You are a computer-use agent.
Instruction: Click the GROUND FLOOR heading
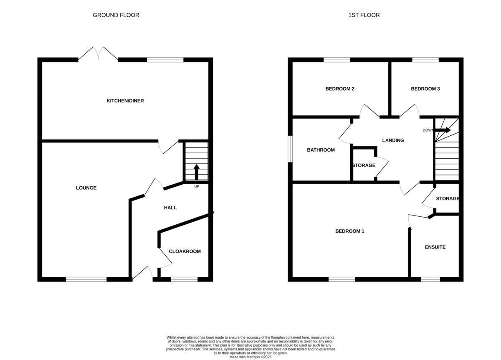(x=116, y=15)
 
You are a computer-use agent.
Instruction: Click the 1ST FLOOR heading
(x=364, y=15)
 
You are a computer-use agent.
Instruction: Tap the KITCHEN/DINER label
(x=125, y=101)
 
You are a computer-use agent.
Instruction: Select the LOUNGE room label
(x=86, y=188)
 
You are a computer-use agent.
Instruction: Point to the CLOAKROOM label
(x=185, y=251)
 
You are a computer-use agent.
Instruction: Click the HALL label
(x=170, y=208)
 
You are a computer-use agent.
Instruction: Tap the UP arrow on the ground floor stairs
(x=197, y=172)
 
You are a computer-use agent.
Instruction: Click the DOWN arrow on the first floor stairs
(x=443, y=130)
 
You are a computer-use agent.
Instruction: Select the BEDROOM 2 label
(x=340, y=89)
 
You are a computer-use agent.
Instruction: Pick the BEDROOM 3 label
(x=425, y=89)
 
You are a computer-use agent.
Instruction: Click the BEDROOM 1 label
(x=350, y=231)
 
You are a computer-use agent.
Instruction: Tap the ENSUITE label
(x=435, y=247)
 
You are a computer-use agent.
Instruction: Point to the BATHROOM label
(x=321, y=150)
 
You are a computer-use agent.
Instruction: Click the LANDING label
(x=393, y=140)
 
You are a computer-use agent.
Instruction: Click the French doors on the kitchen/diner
(x=99, y=54)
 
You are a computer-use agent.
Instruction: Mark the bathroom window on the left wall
(x=290, y=149)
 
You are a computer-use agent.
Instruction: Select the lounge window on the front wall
(x=86, y=279)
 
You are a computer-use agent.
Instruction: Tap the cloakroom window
(x=184, y=279)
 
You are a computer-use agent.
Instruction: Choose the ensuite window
(x=430, y=279)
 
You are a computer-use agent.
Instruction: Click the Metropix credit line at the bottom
(x=250, y=357)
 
